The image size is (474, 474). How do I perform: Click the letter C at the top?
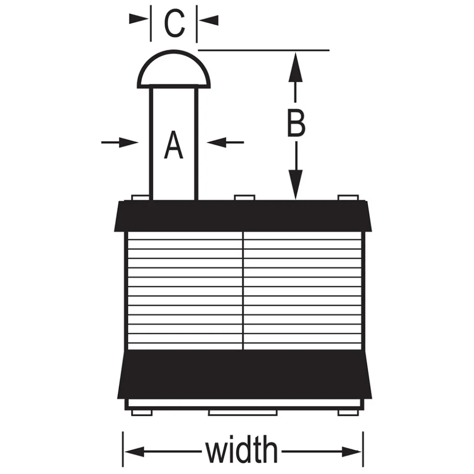174,23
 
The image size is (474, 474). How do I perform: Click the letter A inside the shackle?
173,145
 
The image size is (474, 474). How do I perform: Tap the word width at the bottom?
241,449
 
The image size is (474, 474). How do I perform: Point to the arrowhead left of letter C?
139,19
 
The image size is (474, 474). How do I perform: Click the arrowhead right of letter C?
209,20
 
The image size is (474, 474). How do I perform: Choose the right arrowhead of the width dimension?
351,451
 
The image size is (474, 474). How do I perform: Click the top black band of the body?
243,216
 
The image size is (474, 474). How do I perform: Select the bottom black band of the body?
244,374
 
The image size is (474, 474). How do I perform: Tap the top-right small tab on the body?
348,198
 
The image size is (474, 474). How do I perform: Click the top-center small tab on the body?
245,198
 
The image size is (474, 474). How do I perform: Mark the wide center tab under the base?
243,413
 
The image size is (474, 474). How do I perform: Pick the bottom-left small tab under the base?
142,413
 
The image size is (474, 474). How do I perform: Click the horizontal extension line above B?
264,50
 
